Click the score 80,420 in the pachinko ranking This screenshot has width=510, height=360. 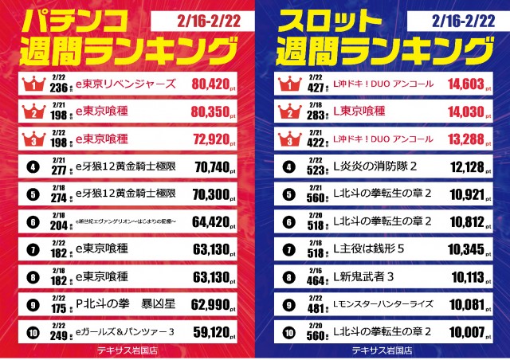point(213,83)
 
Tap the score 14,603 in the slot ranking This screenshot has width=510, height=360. point(467,83)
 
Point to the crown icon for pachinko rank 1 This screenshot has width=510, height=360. point(33,83)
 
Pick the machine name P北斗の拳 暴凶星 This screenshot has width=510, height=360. point(120,303)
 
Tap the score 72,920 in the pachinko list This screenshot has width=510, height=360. point(213,139)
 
